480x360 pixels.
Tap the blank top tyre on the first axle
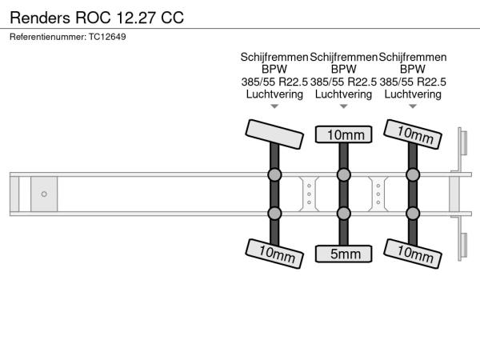(274, 132)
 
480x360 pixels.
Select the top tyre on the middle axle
(344, 134)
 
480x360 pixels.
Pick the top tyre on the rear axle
(413, 134)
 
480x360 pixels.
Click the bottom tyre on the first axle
(274, 253)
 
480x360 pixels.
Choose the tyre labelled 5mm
(344, 254)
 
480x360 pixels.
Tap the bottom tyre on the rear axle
(413, 253)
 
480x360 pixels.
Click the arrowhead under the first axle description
(274, 106)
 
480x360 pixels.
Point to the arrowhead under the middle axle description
(344, 106)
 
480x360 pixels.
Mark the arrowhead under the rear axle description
(413, 106)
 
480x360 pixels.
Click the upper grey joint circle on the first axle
(274, 174)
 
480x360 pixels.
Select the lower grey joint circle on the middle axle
(344, 213)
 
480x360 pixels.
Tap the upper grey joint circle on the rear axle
(413, 174)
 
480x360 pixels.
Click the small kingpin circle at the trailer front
(44, 194)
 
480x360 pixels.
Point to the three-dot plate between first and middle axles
(309, 194)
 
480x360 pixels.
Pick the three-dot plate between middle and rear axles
(378, 194)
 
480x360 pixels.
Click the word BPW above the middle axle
(344, 70)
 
